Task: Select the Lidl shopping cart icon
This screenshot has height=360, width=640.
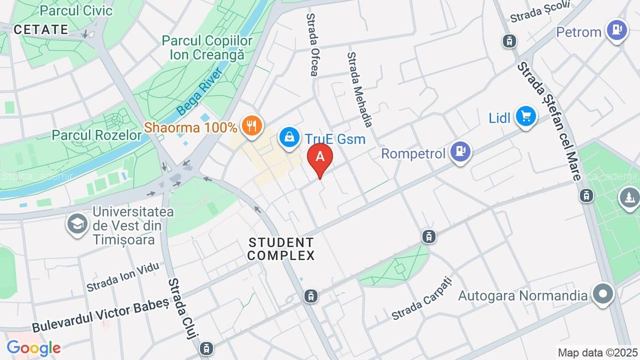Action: tap(526, 116)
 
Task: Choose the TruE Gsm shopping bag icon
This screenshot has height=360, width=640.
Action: tap(289, 138)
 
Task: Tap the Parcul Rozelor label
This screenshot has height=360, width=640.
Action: tap(97, 134)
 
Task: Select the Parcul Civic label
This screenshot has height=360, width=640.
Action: tap(76, 10)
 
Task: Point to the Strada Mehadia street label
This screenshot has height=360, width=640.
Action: tap(359, 89)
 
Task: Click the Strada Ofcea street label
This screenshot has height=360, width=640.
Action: tap(313, 45)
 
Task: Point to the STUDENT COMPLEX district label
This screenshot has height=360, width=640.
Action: tap(282, 249)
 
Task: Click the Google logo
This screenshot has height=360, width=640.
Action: tap(34, 348)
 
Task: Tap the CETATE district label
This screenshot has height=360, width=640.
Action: tap(41, 29)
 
